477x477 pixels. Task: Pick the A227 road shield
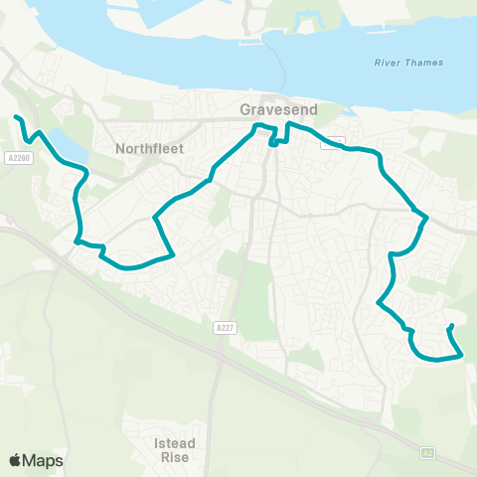click(x=225, y=326)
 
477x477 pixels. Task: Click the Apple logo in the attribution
click(x=15, y=460)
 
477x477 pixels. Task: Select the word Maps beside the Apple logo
click(x=43, y=460)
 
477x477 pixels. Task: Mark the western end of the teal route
click(x=16, y=117)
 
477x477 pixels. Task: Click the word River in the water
click(x=389, y=63)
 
